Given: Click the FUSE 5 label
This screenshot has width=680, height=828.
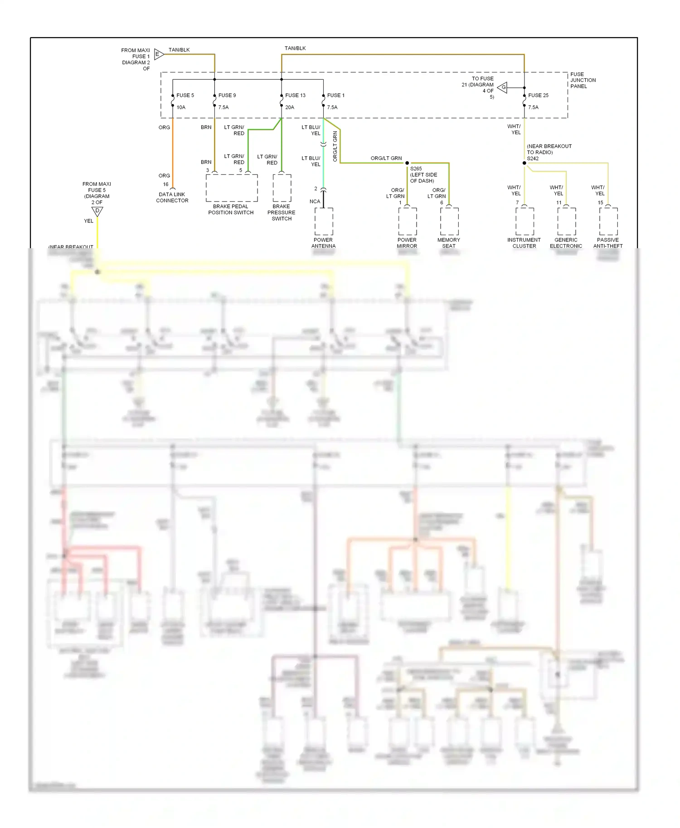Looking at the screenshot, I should [x=185, y=95].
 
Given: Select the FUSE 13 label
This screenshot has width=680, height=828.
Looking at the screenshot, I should [x=295, y=95].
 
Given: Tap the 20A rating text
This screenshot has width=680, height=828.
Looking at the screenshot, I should [x=290, y=107].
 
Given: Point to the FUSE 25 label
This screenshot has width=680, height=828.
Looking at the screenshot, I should [x=538, y=95].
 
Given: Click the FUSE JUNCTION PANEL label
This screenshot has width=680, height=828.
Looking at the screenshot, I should [x=583, y=80].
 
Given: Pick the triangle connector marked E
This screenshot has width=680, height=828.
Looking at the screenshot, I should [x=158, y=54].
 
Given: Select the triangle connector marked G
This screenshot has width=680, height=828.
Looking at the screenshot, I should [x=503, y=87].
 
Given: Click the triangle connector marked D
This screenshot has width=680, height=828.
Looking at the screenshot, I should [x=97, y=211].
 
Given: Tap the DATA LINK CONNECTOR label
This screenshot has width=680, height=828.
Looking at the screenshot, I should [x=172, y=197].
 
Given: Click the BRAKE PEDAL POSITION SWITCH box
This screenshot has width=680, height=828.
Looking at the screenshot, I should [x=232, y=188].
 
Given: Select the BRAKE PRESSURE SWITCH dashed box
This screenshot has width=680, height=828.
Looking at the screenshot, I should [x=282, y=188].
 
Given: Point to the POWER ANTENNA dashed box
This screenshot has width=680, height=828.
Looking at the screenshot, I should [x=324, y=221].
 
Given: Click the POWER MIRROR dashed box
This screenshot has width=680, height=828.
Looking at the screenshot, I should [x=407, y=221].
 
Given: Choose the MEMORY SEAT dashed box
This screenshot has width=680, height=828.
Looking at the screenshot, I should [x=449, y=221].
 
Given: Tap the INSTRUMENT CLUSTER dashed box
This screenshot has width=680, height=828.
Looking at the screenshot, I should [x=525, y=221].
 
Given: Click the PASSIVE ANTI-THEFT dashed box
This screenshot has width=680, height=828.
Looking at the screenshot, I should [x=608, y=221].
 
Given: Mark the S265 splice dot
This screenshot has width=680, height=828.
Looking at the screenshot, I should [x=407, y=163].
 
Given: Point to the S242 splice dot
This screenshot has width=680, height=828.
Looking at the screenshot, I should [x=525, y=163].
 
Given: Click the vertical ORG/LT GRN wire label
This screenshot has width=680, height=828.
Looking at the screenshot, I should [x=335, y=146].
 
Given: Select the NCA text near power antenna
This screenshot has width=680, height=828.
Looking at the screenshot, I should [x=315, y=202].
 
